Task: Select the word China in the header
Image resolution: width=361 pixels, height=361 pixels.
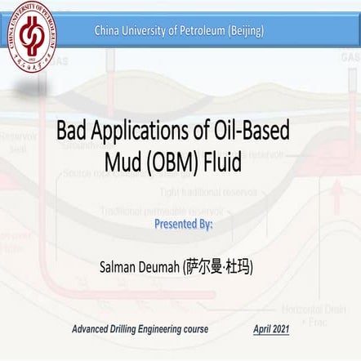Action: pos(109,31)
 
